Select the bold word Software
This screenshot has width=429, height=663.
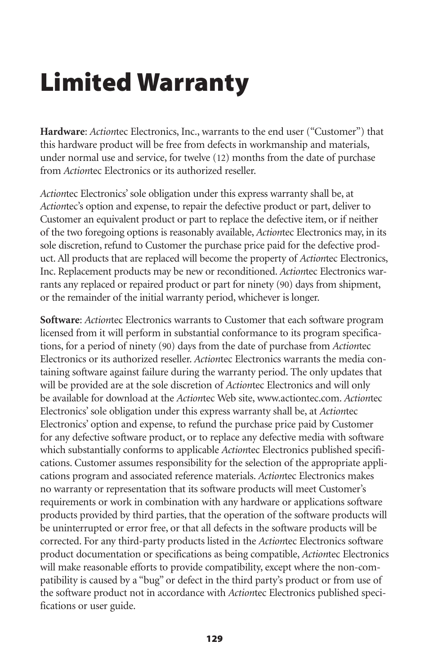click(x=60, y=320)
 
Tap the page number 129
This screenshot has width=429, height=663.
click(x=214, y=639)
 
